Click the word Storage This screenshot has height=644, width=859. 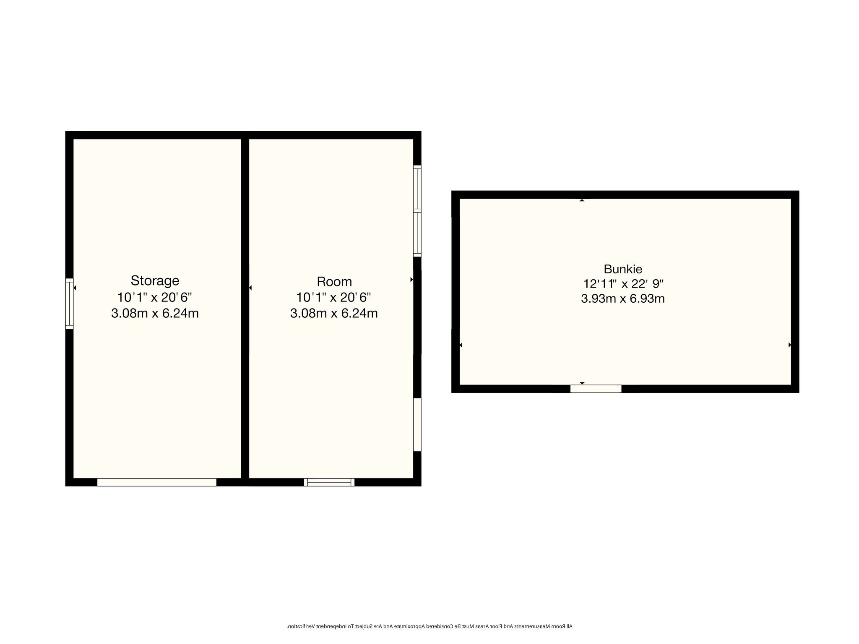(155, 280)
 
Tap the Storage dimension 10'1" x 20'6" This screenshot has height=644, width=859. (154, 297)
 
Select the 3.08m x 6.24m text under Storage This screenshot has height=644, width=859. (155, 313)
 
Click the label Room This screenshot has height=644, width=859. (334, 281)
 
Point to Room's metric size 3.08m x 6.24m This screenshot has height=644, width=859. (334, 313)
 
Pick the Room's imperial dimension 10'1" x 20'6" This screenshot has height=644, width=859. (333, 297)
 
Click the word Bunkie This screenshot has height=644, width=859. (623, 269)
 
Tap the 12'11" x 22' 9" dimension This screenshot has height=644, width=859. (623, 284)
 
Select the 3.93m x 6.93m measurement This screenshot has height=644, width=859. (623, 299)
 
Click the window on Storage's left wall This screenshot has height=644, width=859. (69, 304)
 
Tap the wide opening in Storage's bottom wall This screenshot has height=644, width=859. (157, 482)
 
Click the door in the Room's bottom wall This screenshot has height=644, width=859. (329, 482)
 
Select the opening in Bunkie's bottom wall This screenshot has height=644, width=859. (596, 389)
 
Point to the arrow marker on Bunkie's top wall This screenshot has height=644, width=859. (582, 200)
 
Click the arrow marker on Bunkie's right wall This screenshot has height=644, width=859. (790, 345)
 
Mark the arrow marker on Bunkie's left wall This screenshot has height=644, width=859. (461, 345)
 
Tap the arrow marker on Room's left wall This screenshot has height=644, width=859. (250, 288)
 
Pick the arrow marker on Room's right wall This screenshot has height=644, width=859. (411, 280)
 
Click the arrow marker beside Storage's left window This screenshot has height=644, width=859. (75, 288)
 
